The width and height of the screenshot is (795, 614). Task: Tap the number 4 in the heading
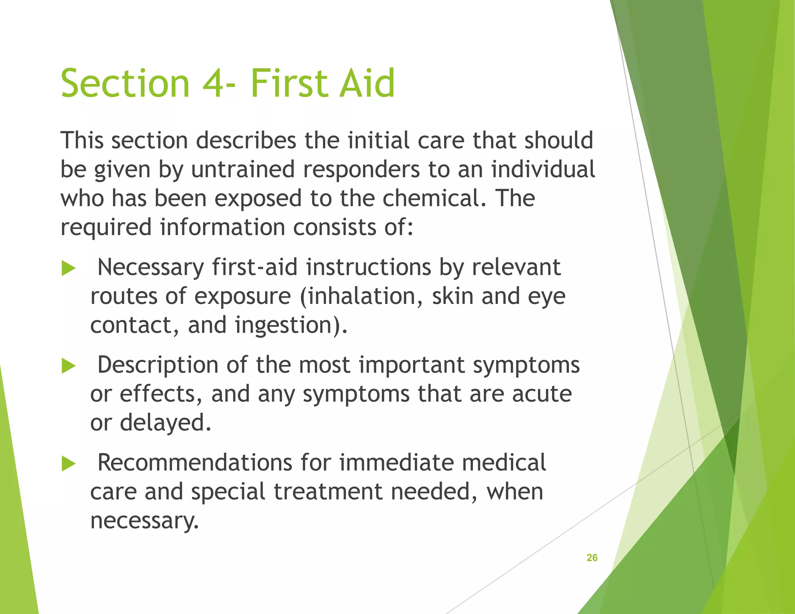pos(213,83)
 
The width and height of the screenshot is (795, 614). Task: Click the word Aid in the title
pos(367,83)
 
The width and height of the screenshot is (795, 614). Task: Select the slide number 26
pos(592,558)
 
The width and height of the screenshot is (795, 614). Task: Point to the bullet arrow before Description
pos(68,366)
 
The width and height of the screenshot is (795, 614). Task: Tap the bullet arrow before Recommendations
pos(68,464)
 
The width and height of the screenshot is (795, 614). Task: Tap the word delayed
pos(165,423)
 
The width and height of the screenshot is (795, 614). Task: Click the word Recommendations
pos(194,463)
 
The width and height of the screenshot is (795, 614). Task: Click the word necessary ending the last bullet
pos(144,521)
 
